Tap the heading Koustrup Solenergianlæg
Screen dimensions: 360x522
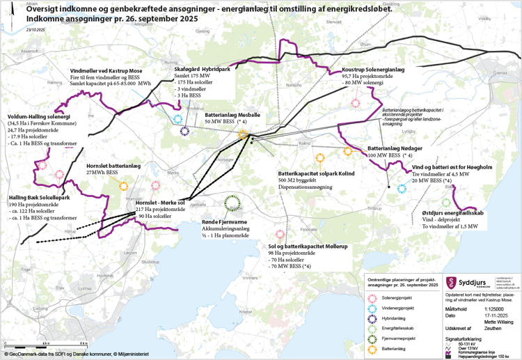pos(374,70)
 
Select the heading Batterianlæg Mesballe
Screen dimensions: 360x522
pos(232,114)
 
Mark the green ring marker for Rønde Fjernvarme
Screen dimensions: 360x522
pos(232,203)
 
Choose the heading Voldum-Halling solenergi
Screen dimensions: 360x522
pos(34,116)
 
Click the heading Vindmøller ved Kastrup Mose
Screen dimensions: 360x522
pos(106,71)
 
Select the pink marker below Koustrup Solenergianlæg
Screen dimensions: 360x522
pos(356,102)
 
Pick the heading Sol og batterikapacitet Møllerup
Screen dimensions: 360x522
pos(308,246)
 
